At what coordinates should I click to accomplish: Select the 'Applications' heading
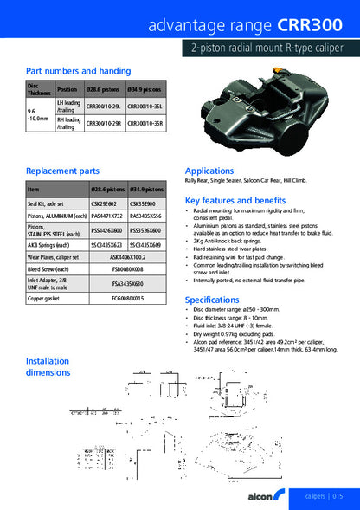tap(209, 171)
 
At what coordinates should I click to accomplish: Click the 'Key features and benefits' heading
tap(235, 200)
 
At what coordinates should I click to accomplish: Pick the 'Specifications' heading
tap(213, 300)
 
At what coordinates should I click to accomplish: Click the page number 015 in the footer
tap(337, 495)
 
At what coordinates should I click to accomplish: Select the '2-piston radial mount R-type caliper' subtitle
tap(268, 50)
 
